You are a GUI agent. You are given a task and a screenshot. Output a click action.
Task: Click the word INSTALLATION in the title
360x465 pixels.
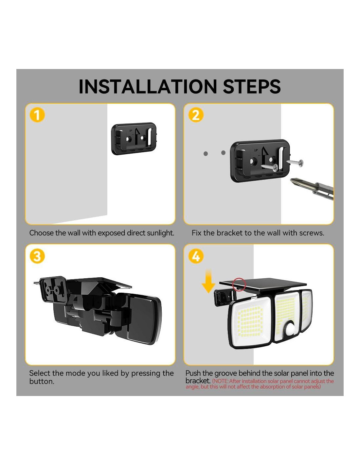[x=148, y=87]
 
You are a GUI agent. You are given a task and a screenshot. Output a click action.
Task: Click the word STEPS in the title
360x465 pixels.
[x=252, y=87]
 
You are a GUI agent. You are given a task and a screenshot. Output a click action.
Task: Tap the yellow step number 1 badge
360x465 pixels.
[x=37, y=115]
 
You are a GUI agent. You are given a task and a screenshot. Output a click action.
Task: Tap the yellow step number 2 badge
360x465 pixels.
[x=196, y=115]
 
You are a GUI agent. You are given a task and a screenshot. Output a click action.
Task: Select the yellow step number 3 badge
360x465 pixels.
[x=37, y=256]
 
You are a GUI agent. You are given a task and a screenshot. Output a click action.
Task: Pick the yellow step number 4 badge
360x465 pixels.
[x=196, y=256]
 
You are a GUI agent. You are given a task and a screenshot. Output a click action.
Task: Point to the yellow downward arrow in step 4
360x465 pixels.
[x=208, y=281]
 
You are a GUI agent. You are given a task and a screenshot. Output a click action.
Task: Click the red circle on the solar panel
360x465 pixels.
[x=239, y=284]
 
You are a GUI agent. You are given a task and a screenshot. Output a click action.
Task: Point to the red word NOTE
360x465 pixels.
[x=220, y=381]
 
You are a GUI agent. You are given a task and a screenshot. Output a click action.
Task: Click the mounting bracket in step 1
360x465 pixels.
[x=134, y=138]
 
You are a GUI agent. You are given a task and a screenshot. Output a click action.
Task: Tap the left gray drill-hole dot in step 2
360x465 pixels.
[x=206, y=153]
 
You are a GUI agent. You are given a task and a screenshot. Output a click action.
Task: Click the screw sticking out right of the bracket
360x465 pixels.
[x=295, y=162]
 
